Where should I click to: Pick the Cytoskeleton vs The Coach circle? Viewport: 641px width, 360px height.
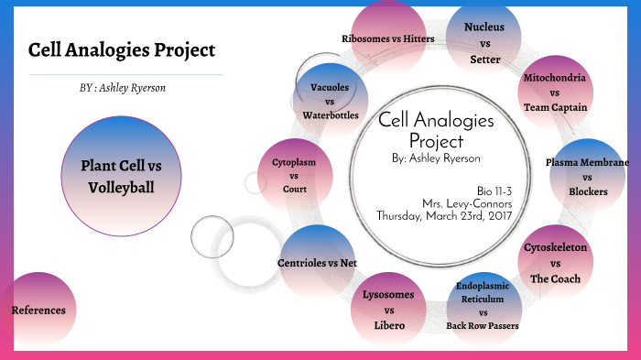tap(555, 263)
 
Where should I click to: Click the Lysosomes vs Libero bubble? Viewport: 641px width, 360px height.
tap(387, 310)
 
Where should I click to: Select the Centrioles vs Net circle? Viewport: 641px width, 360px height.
tap(317, 263)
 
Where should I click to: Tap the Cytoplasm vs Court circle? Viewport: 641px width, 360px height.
tap(294, 176)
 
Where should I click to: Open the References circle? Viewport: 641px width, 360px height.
tap(38, 311)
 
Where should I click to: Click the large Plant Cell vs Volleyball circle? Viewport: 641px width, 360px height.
tap(121, 176)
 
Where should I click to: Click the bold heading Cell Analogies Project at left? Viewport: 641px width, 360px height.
tap(122, 49)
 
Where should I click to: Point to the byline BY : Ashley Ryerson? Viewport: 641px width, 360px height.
tap(123, 88)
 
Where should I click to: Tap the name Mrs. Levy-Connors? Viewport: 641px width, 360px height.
tap(467, 202)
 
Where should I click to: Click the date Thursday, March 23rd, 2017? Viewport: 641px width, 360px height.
tap(445, 216)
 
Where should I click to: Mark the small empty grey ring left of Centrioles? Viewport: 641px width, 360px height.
tap(213, 236)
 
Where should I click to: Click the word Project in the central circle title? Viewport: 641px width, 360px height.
tap(436, 141)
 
